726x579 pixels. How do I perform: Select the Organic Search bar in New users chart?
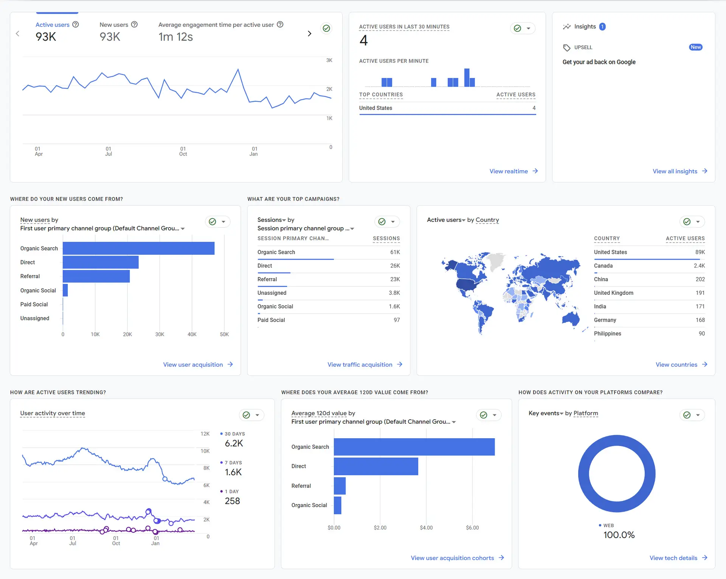coord(138,248)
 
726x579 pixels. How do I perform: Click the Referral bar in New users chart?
coord(96,276)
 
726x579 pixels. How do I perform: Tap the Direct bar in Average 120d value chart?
coord(376,466)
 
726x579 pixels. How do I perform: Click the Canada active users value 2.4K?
coord(699,266)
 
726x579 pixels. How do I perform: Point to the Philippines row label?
coord(607,333)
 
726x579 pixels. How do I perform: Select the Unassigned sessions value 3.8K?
coord(394,293)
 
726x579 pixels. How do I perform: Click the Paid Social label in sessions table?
coord(271,320)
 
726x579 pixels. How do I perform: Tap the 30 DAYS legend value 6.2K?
coord(234,444)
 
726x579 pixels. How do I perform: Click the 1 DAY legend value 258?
coord(232,501)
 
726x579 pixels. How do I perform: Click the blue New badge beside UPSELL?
coord(695,47)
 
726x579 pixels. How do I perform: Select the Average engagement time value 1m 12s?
coord(175,37)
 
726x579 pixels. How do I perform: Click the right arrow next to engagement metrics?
coord(309,34)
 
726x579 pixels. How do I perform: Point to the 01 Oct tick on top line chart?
coord(183,151)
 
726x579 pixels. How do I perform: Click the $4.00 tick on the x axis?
coord(426,528)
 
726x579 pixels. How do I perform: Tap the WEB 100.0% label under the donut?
coord(619,535)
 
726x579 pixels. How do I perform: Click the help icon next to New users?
coord(134,25)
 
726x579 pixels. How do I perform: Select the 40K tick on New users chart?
coord(192,335)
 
